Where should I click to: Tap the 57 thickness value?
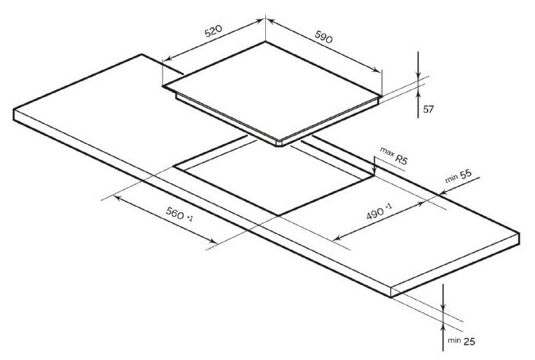[428, 109]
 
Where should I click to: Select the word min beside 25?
[454, 341]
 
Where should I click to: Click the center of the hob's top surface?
[274, 92]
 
